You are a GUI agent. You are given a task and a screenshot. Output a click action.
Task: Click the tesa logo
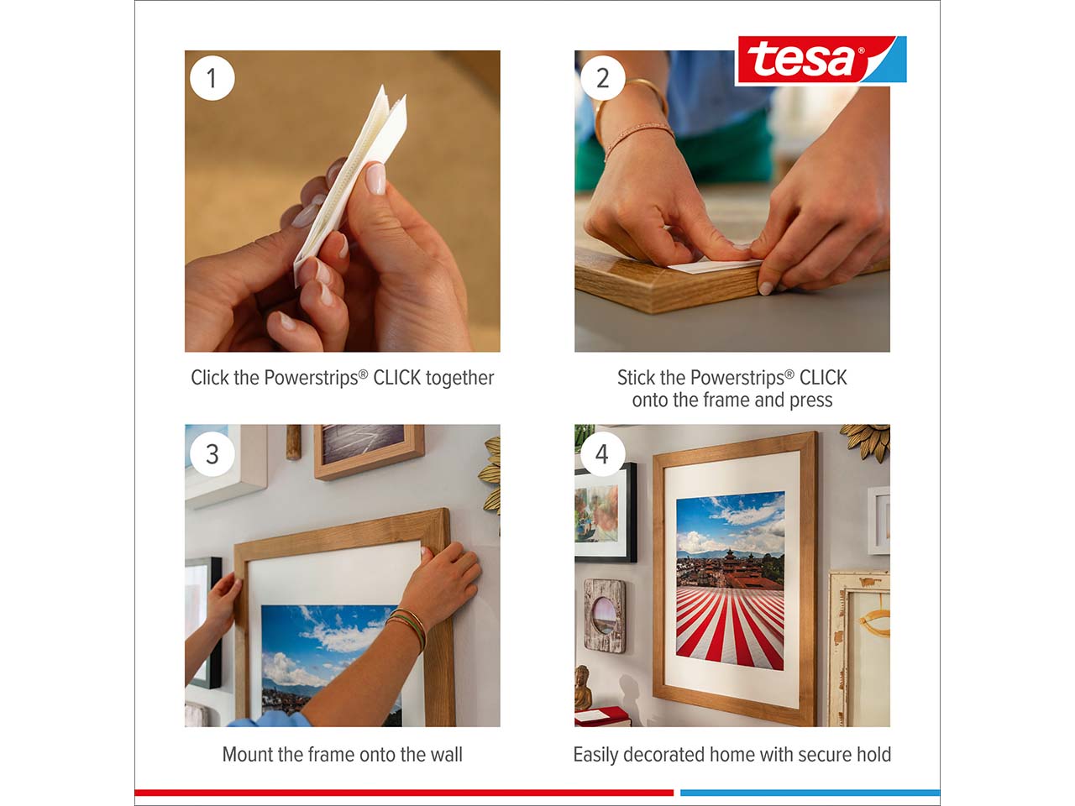821,60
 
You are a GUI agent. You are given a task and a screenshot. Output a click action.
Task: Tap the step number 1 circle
212,78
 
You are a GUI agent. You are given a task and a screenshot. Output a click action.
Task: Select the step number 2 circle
602,78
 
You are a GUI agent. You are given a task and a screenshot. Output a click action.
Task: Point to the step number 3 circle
212,454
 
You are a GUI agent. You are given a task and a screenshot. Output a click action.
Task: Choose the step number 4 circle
602,454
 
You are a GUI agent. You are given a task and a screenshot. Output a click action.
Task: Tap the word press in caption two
810,400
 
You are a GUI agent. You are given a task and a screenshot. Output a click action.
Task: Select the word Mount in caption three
247,755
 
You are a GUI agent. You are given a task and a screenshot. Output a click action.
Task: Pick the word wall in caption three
446,755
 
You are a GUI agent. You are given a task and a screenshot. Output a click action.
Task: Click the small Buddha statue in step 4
583,688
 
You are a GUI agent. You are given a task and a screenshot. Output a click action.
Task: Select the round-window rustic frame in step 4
605,615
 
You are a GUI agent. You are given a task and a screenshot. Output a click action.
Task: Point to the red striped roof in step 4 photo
730,626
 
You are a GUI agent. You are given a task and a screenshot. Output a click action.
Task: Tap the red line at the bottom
404,793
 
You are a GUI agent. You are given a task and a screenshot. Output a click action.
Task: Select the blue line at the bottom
810,793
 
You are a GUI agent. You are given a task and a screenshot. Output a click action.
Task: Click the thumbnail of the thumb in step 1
376,179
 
